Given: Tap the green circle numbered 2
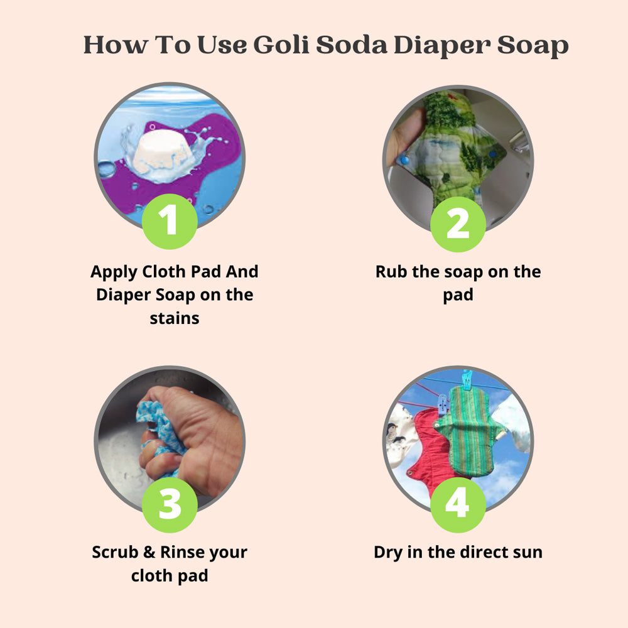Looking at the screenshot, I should tap(457, 224).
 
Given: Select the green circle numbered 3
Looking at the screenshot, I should tap(170, 504).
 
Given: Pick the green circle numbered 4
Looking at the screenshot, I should tap(457, 504).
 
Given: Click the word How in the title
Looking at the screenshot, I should tap(114, 45).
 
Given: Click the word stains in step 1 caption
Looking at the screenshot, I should tap(174, 318).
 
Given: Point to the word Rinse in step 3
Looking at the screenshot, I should tap(183, 553).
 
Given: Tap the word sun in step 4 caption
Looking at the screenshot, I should tap(526, 553).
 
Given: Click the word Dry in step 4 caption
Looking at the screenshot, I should tap(390, 553).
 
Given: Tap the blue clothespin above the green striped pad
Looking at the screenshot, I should tap(466, 381).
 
